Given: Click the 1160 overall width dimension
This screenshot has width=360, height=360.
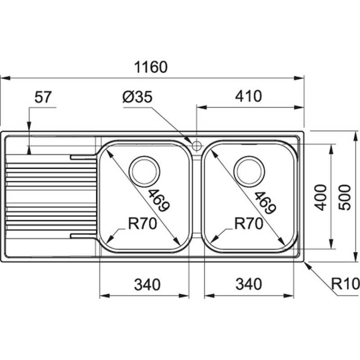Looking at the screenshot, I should (x=151, y=67).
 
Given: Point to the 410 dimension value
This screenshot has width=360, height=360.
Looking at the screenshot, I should (x=247, y=97).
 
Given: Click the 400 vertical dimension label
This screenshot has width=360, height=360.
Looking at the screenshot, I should (x=320, y=197).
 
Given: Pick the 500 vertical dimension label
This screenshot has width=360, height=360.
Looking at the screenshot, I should (x=344, y=197).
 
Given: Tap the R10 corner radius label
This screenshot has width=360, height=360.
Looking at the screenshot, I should (x=344, y=283).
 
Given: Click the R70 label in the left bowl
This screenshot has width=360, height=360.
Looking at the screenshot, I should (x=142, y=223).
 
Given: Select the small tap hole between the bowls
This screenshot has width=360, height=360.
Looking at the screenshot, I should (x=197, y=145).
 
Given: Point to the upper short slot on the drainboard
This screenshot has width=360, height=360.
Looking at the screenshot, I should (x=83, y=157).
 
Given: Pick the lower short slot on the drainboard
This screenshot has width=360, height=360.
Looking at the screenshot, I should (x=83, y=235).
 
